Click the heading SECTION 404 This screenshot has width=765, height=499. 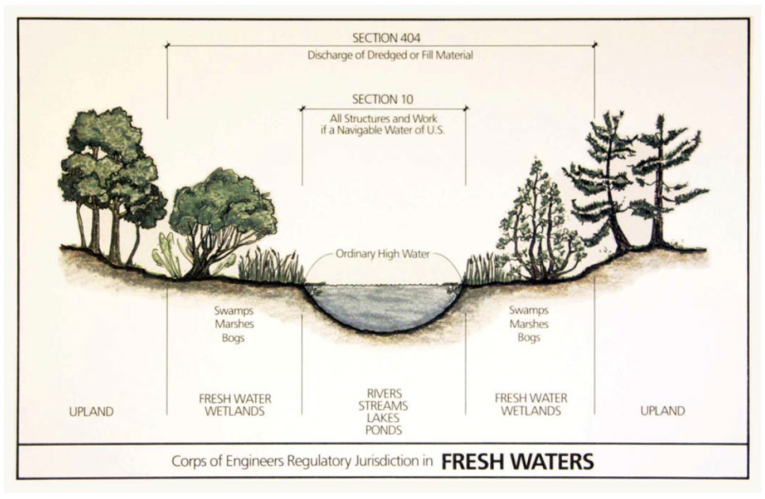(382, 38)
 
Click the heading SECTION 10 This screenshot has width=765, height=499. (382, 99)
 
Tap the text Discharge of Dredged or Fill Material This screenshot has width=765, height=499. (390, 55)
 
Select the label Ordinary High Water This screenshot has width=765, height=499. (382, 254)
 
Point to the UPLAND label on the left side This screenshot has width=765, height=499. (91, 411)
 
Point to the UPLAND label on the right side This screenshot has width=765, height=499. (662, 411)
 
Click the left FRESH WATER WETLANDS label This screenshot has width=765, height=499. (235, 405)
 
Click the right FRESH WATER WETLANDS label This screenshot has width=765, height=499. (530, 404)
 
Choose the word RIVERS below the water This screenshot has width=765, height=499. (384, 393)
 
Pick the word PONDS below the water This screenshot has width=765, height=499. (384, 431)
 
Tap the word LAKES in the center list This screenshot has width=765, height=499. (384, 418)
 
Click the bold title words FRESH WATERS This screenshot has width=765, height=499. (517, 462)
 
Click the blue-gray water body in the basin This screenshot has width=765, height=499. (382, 305)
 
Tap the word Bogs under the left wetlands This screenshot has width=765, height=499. (234, 338)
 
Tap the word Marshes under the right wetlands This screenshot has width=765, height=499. (529, 324)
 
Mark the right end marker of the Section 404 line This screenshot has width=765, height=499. (595, 45)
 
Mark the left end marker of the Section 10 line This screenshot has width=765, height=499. (302, 109)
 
